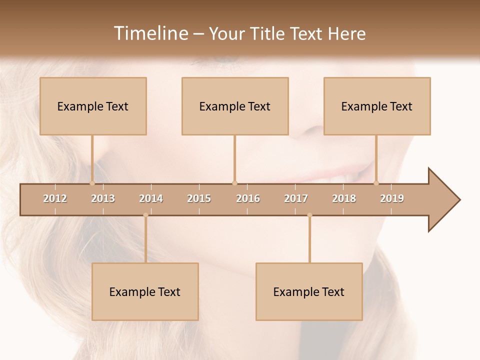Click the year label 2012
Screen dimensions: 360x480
tap(55, 198)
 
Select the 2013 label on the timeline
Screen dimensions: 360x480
tap(103, 198)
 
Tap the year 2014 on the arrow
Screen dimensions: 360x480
tap(151, 198)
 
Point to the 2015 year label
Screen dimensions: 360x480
tap(199, 198)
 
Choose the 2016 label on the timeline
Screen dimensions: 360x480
tap(248, 198)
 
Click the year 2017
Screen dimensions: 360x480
tap(296, 198)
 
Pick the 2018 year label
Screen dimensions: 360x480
tap(344, 198)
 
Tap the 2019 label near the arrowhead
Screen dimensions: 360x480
tap(392, 198)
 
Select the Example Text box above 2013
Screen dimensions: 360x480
tap(93, 106)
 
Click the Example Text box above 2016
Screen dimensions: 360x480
tap(235, 106)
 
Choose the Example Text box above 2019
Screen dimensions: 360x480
tap(377, 106)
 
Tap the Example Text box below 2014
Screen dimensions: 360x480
tap(145, 291)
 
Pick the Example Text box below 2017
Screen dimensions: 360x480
tap(309, 291)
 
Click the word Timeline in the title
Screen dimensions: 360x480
tap(150, 33)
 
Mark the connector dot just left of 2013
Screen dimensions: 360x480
tap(92, 183)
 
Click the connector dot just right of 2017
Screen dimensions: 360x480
tap(309, 215)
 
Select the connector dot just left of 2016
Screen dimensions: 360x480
tap(234, 183)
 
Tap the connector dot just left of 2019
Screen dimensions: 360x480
tap(376, 183)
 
